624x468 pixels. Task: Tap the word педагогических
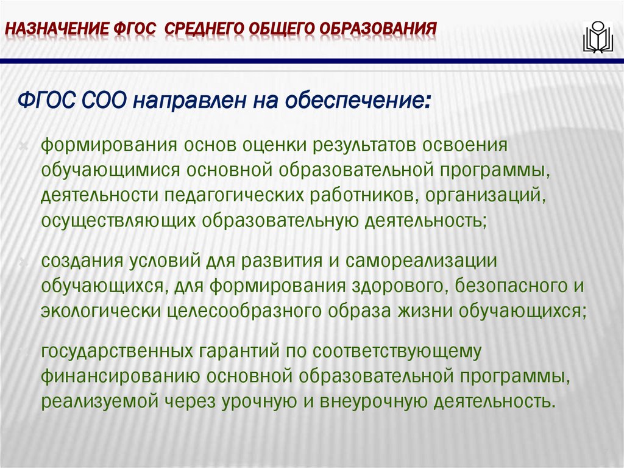point(232,195)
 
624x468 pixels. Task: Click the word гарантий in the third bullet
point(232,351)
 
